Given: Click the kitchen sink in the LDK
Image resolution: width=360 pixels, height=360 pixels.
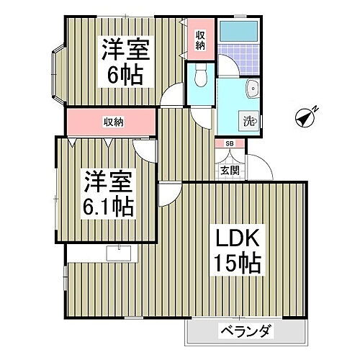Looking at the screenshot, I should (117, 253).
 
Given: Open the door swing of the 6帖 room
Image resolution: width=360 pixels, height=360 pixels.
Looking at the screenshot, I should (174, 96).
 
